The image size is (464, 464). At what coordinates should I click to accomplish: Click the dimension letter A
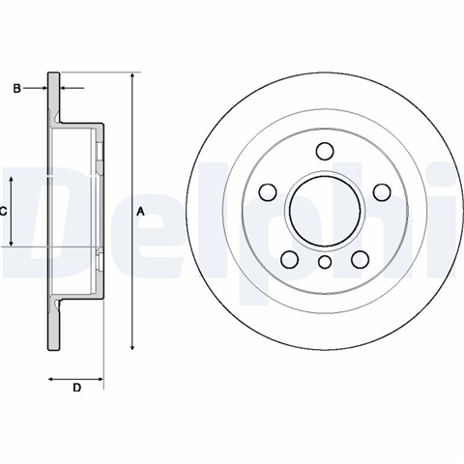click(140, 212)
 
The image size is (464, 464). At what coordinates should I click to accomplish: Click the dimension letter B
click(16, 88)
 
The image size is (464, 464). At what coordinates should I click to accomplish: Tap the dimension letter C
click(3, 212)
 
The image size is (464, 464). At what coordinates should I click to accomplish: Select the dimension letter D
click(76, 388)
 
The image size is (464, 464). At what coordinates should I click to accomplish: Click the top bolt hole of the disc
click(325, 151)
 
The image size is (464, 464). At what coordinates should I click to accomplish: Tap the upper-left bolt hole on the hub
click(268, 192)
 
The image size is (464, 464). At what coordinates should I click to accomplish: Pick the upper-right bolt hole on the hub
click(382, 192)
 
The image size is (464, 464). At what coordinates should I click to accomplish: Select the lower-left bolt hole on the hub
click(289, 259)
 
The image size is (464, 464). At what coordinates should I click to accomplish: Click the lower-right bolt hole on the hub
click(361, 259)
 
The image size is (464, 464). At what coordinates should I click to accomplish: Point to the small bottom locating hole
click(325, 262)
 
